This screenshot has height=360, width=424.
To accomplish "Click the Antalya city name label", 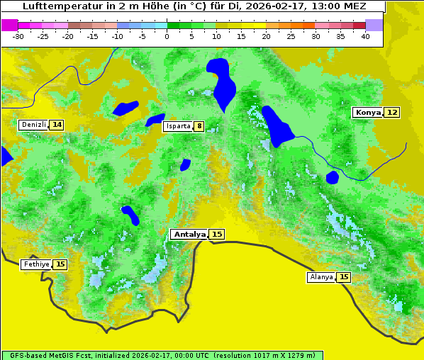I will click(189, 234).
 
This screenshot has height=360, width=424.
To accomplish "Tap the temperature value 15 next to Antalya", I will click(217, 234).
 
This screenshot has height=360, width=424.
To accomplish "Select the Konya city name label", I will click(368, 112).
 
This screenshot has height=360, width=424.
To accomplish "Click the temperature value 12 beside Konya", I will click(391, 112).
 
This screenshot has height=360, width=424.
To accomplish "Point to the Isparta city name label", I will click(177, 126).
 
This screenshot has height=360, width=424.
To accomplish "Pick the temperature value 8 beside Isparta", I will click(199, 126).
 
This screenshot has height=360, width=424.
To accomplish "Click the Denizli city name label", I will click(33, 125).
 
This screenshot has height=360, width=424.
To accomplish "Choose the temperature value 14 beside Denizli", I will click(57, 125).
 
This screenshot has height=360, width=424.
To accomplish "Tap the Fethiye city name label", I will click(36, 264).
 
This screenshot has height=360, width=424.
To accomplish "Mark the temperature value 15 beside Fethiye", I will click(60, 264).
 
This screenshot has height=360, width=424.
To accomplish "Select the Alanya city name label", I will click(321, 277).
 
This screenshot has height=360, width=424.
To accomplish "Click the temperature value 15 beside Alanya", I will click(343, 277).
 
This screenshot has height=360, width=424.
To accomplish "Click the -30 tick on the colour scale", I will click(18, 36).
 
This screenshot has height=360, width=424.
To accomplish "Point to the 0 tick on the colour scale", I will click(167, 36).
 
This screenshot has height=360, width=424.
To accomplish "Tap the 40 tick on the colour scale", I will click(365, 36).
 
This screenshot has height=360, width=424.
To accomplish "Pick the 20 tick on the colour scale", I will click(266, 36).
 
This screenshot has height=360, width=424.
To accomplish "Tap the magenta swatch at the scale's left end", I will click(9, 25).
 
